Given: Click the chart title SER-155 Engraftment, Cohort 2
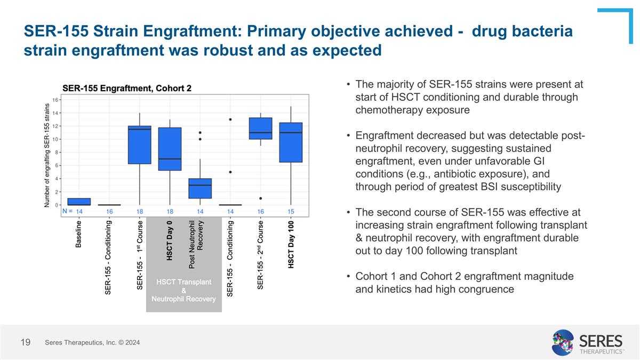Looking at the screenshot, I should [x=127, y=88].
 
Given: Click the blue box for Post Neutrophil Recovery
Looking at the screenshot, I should [x=200, y=188].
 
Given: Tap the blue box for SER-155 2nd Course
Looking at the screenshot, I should [x=261, y=129].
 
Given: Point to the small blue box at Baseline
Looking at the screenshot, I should [x=79, y=202].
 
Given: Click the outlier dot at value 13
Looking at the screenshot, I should [x=230, y=119].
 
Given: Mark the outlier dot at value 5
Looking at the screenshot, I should [x=230, y=172].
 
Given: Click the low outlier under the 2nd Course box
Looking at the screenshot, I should [x=261, y=198].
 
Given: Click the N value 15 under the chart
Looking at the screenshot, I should [x=291, y=212].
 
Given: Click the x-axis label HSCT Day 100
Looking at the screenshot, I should [x=291, y=246].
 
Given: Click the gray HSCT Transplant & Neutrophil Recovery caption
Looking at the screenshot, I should [x=183, y=290].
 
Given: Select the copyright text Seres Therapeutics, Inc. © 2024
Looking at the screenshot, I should [x=92, y=342].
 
